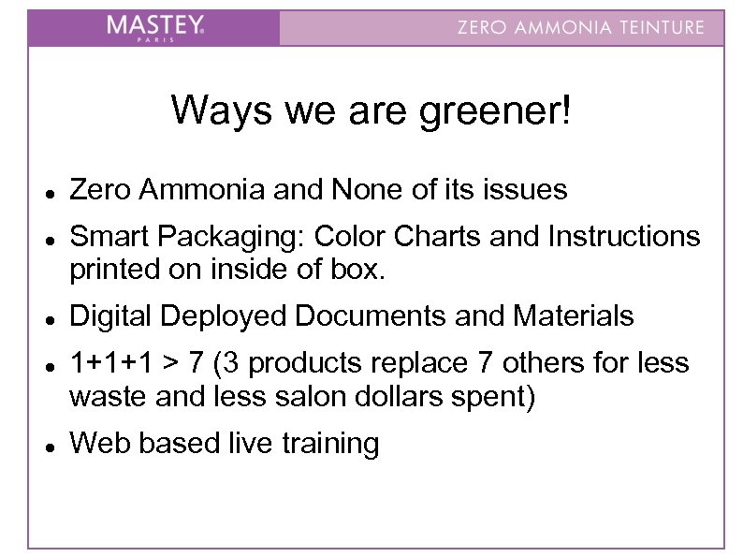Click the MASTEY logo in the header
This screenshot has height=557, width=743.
154,27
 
